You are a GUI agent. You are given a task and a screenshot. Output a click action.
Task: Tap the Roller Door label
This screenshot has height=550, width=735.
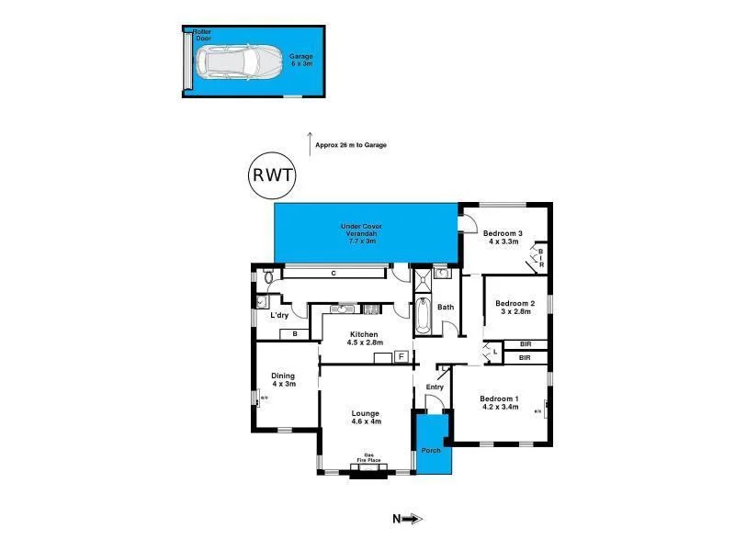point(202,35)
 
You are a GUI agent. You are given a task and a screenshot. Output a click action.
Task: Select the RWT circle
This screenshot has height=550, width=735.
point(273,175)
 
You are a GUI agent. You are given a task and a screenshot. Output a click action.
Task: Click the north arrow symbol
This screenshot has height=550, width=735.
point(410,520)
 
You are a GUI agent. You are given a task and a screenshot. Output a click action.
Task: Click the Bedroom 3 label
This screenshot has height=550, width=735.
point(503,238)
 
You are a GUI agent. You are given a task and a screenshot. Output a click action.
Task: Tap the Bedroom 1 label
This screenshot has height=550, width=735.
point(500,403)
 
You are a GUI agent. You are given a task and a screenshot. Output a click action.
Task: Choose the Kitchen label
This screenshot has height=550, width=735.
point(364,338)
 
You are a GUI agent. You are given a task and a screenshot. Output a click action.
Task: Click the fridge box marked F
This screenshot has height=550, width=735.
point(401,356)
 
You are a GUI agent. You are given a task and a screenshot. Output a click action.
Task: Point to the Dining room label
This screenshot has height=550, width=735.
point(282,379)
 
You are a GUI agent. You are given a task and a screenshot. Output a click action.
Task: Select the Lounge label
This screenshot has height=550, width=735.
point(365,418)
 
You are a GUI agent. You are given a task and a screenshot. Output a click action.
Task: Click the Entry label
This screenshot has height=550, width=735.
point(435,387)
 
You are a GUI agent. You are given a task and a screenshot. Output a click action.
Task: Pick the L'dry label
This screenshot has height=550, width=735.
point(279,316)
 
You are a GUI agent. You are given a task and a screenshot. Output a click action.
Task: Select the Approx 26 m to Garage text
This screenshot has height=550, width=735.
point(350,145)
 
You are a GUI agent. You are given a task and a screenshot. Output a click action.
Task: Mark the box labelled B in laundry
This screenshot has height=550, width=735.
point(294,334)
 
